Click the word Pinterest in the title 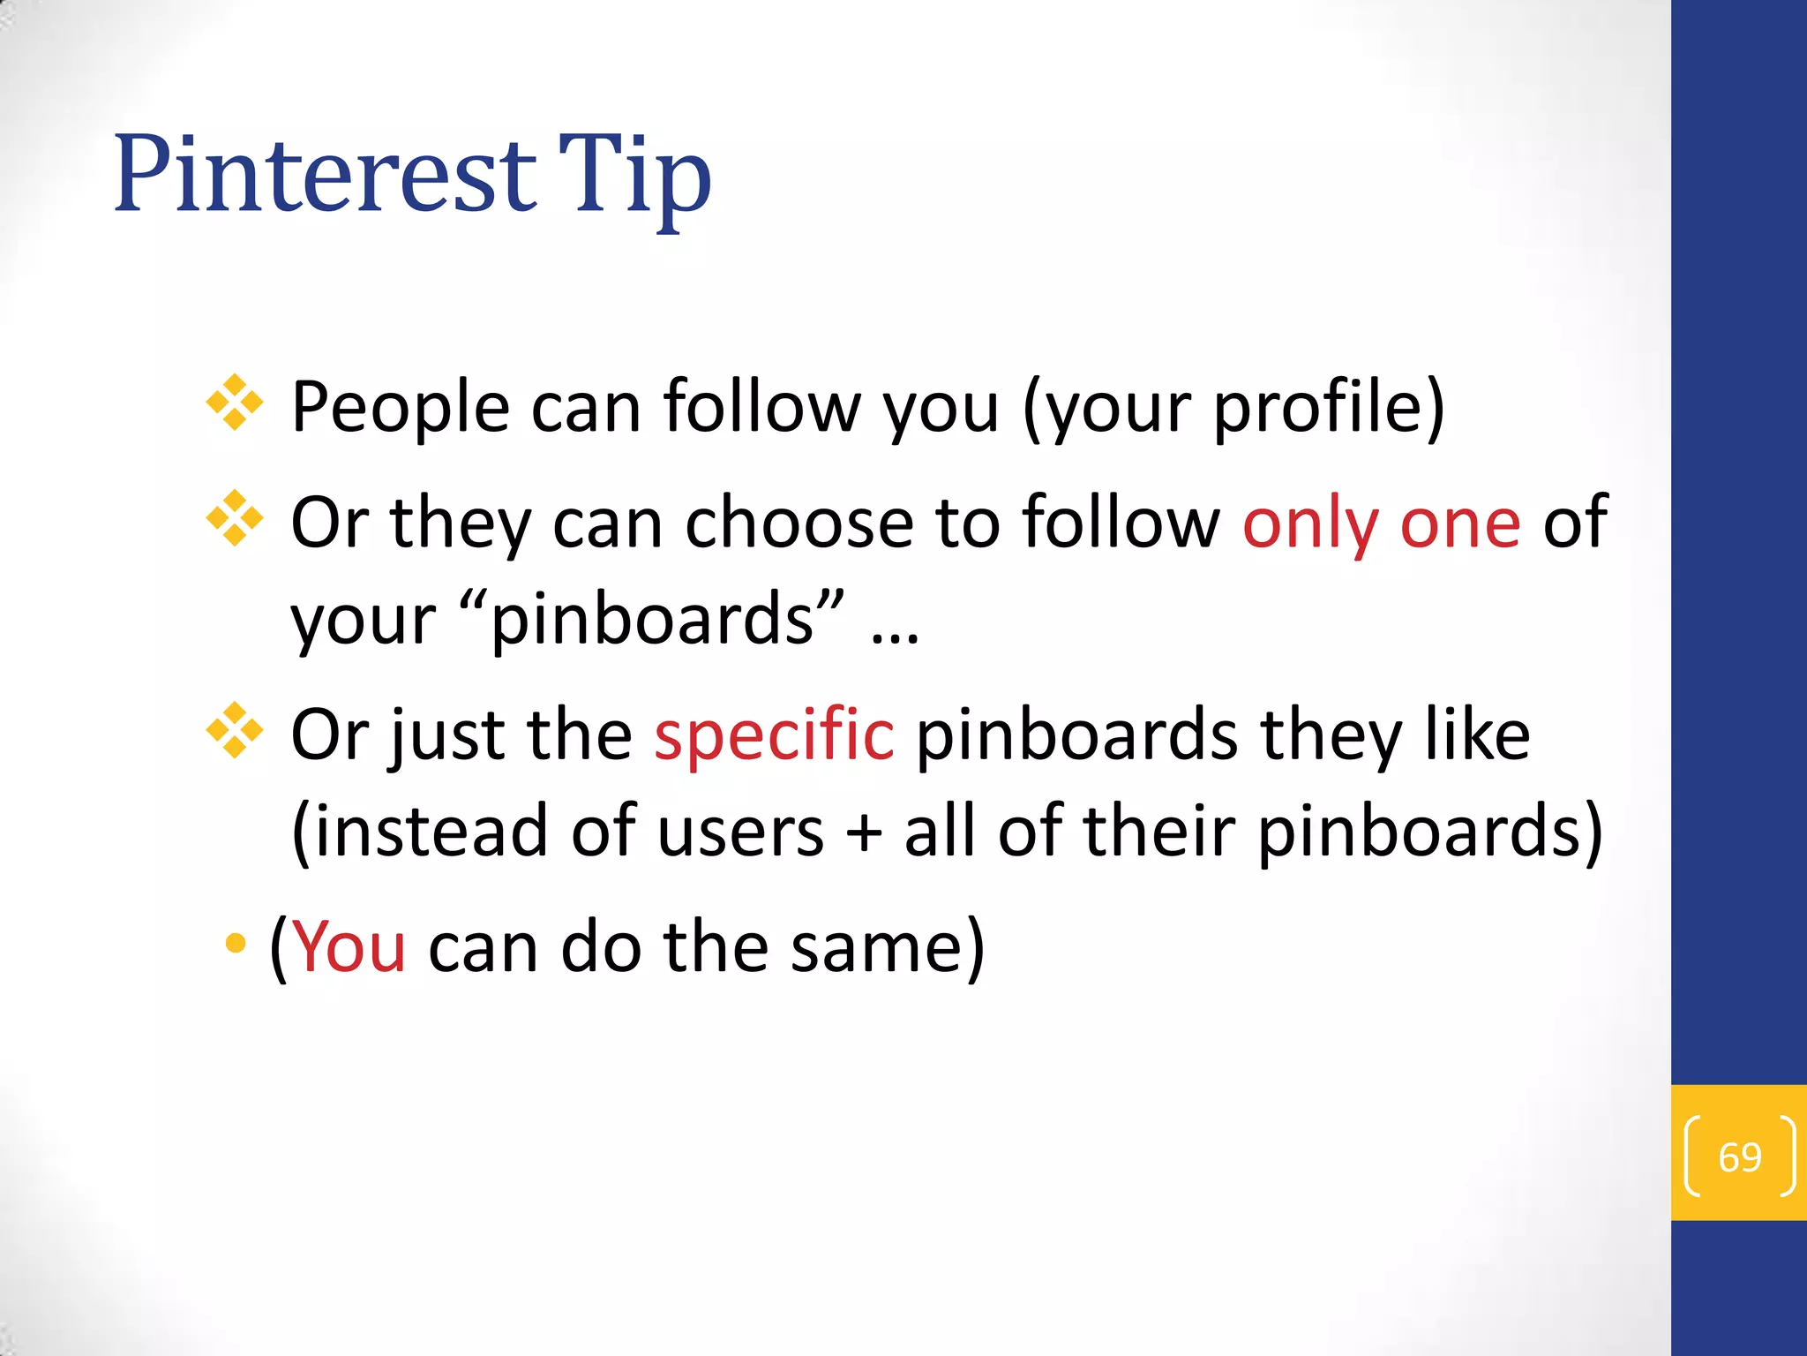tap(325, 173)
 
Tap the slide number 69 tap(1739, 1156)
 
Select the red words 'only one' tap(1381, 523)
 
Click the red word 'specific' tap(774, 734)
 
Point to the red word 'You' tap(349, 946)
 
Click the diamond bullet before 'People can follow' tap(235, 403)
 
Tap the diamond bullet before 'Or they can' tap(235, 518)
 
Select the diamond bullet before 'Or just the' tap(235, 730)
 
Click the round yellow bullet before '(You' tap(236, 944)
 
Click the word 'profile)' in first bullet tap(1329, 408)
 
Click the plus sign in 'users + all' tap(864, 832)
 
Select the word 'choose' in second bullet tap(799, 523)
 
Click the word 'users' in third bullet tap(740, 832)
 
